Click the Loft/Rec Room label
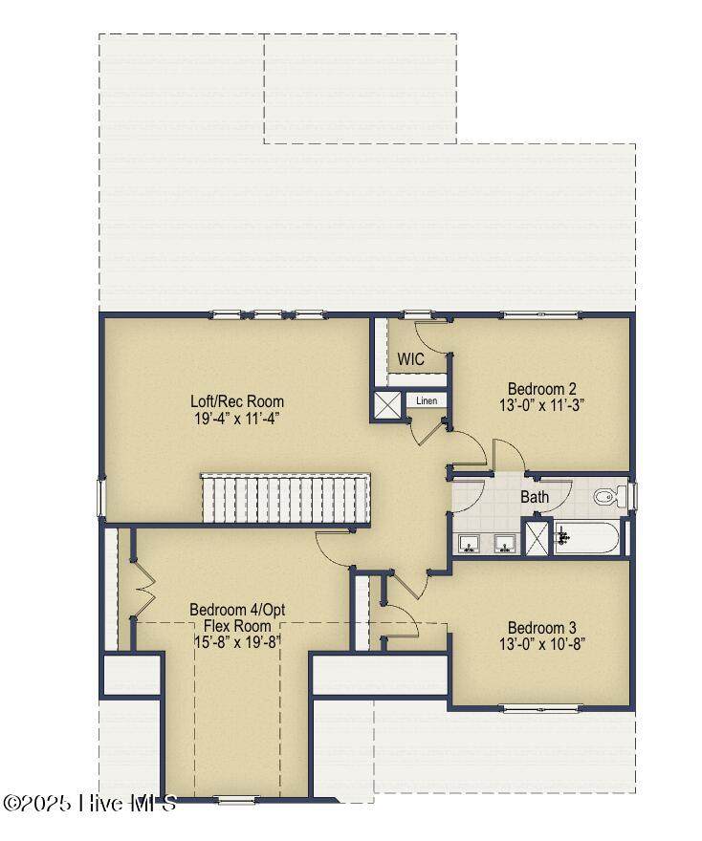point(237,401)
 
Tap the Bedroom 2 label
point(542,388)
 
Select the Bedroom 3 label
point(542,627)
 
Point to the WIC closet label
point(410,358)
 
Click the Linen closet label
point(427,400)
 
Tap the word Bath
point(535,497)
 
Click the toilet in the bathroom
point(610,496)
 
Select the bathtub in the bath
point(586,538)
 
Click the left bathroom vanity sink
point(471,544)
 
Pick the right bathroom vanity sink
point(505,544)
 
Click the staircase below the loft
point(286,498)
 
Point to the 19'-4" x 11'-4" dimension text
point(237,419)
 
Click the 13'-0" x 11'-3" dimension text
point(541,405)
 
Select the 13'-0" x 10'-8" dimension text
point(541,643)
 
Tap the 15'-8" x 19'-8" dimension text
point(237,642)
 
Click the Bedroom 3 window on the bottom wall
point(541,709)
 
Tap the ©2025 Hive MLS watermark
point(90,803)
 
